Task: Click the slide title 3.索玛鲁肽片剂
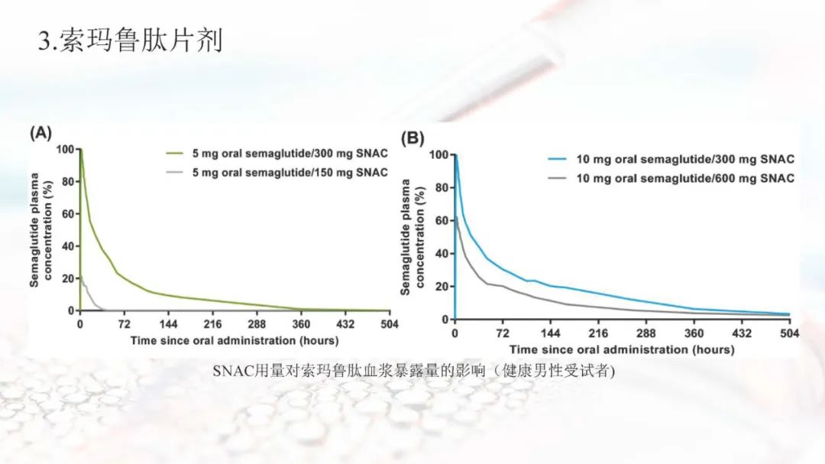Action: pyautogui.click(x=130, y=40)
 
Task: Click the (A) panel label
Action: pyautogui.click(x=40, y=133)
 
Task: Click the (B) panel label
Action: pyautogui.click(x=412, y=138)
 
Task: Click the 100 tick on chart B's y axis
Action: pyautogui.click(x=436, y=155)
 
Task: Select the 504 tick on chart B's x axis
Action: pyautogui.click(x=789, y=334)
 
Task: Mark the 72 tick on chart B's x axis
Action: pyautogui.click(x=503, y=334)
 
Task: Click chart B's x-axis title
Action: pyautogui.click(x=622, y=350)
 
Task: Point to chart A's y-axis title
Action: pyautogui.click(x=40, y=229)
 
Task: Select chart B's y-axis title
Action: pyautogui.click(x=411, y=237)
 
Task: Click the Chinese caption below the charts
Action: pyautogui.click(x=413, y=372)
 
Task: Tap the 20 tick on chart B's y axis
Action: pyautogui.click(x=439, y=287)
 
